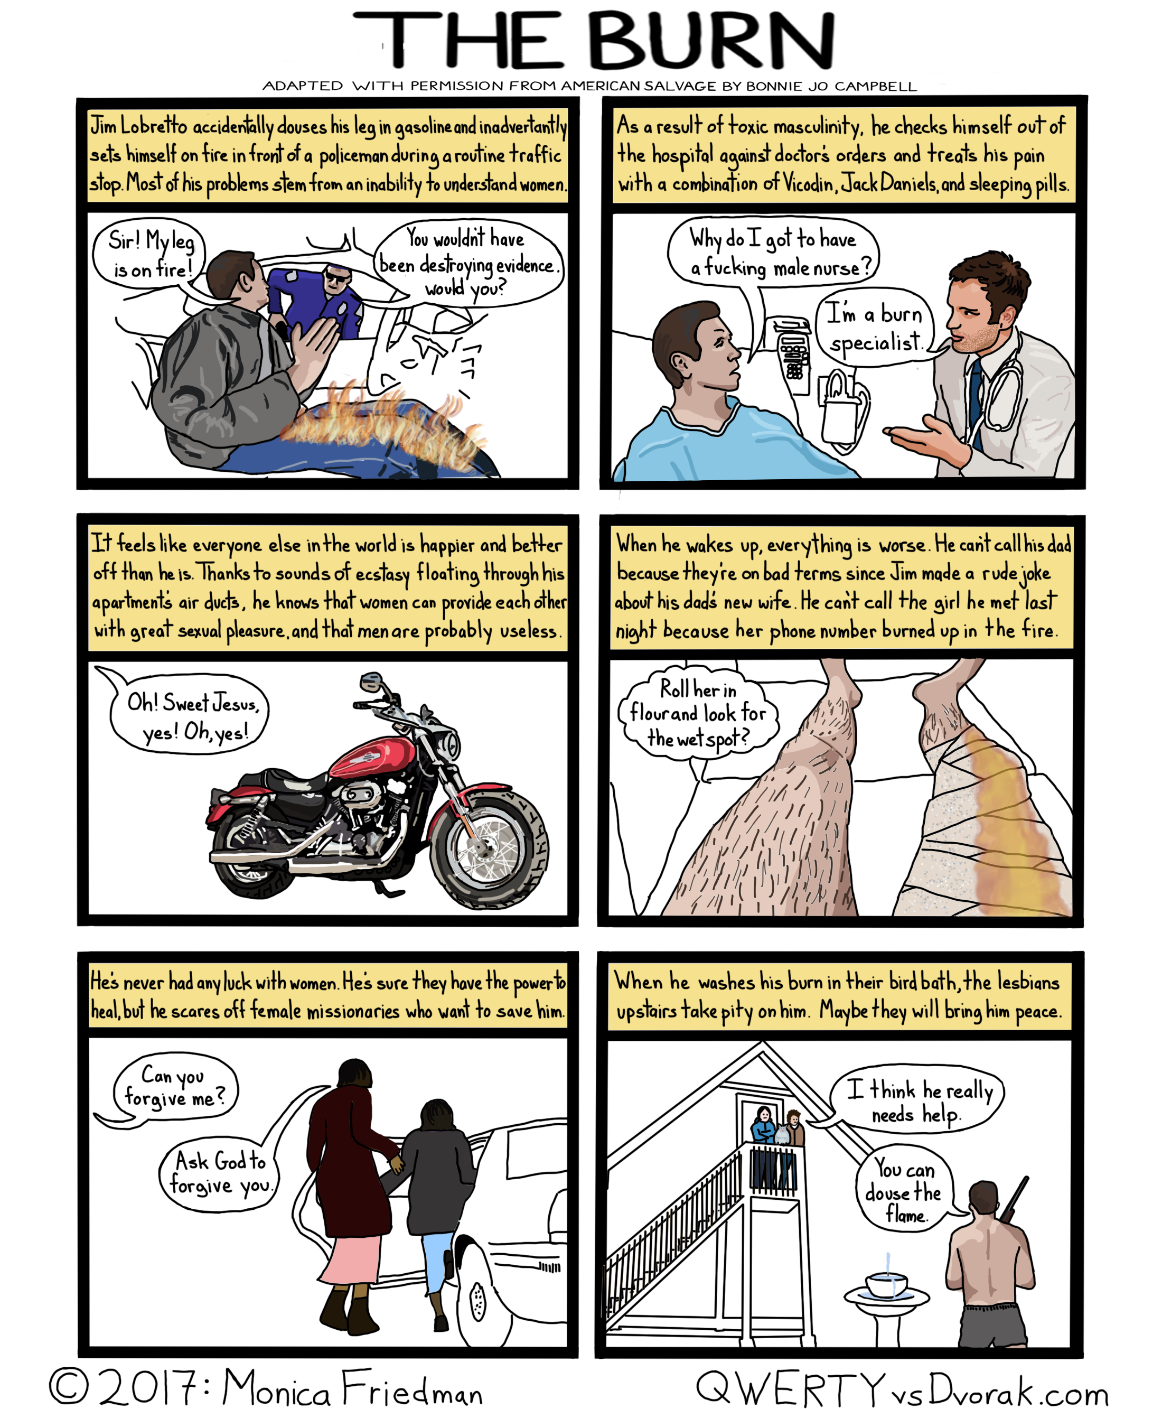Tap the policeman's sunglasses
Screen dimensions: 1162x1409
point(338,276)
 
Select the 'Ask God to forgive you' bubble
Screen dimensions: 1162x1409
point(218,1173)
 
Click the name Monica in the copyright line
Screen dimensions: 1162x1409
point(276,1387)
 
